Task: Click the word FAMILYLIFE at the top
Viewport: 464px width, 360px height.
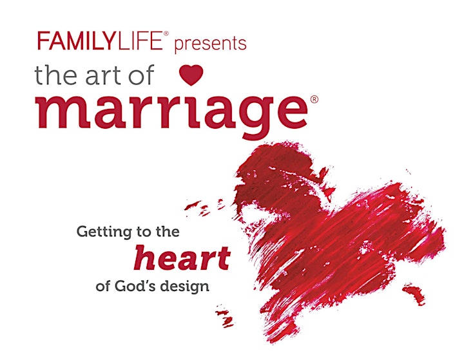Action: (100, 41)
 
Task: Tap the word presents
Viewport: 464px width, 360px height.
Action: (210, 44)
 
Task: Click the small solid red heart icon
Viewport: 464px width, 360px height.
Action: (191, 75)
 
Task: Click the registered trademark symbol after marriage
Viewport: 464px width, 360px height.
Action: (314, 99)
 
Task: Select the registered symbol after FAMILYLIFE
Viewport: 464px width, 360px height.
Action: (166, 33)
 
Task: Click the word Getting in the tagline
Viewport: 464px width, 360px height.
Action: (104, 232)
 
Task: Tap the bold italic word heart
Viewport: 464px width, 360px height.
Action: (182, 258)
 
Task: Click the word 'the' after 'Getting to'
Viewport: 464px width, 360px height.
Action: (168, 231)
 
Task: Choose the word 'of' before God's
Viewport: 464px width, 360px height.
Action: (103, 286)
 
